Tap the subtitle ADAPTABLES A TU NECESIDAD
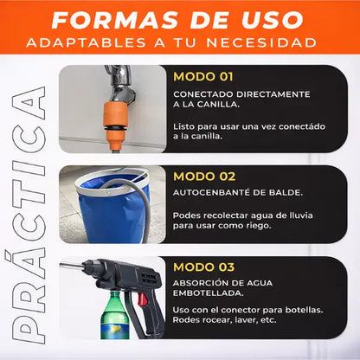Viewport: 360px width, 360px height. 179,42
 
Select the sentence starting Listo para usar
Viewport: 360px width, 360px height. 249,132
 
